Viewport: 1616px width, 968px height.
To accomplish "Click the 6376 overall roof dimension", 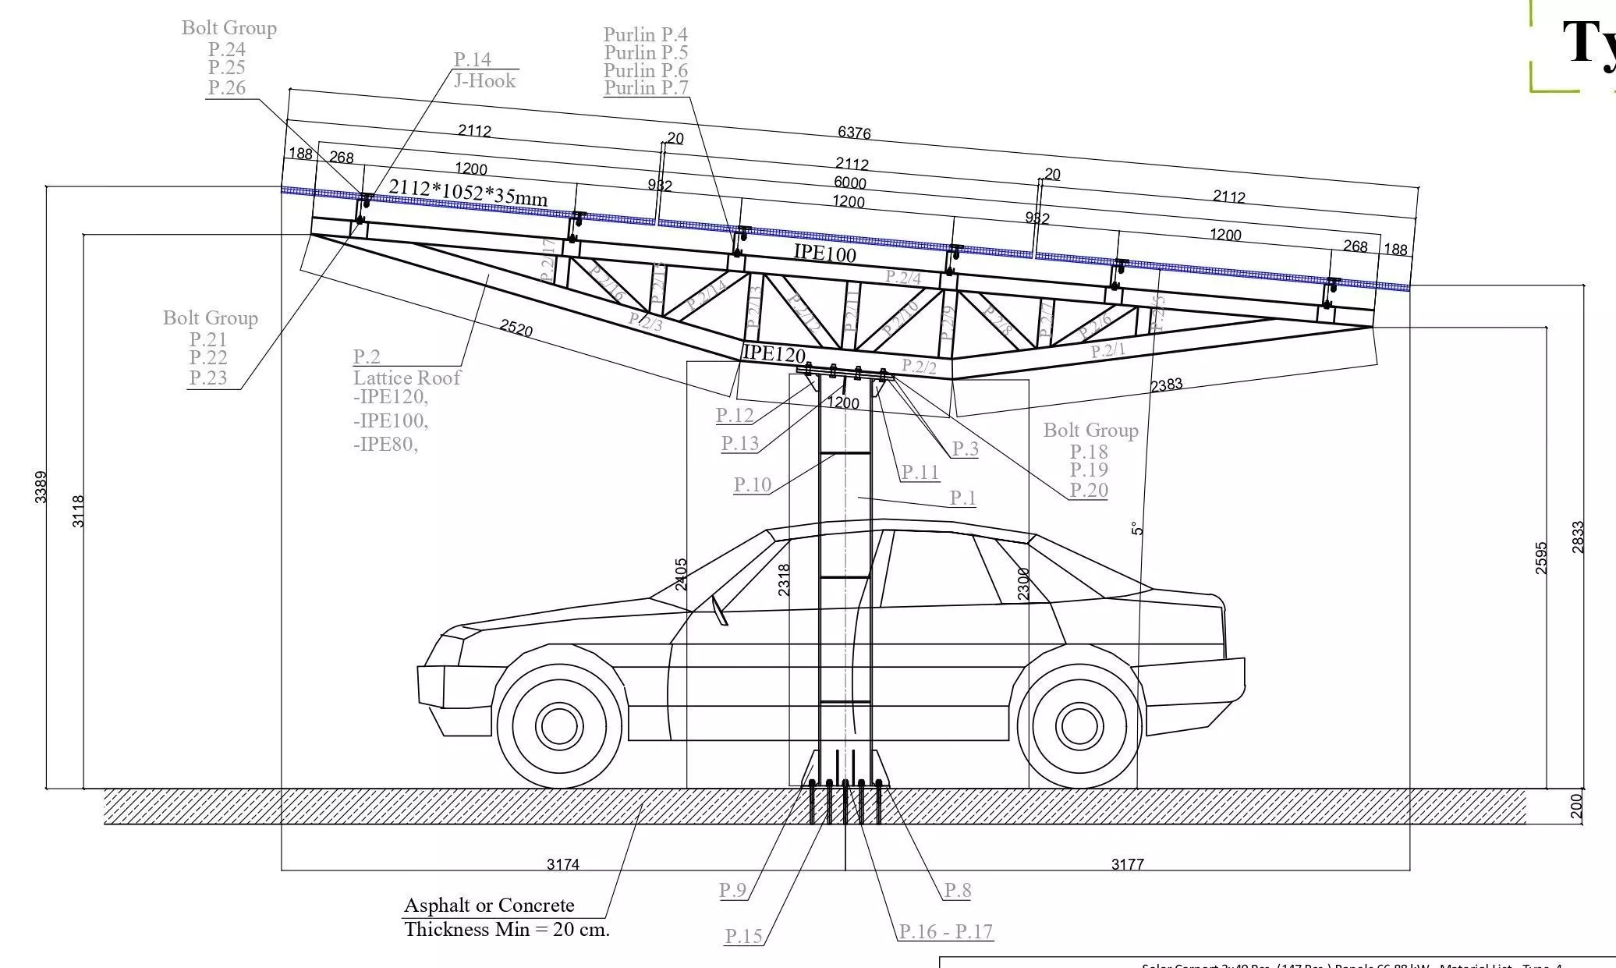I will (854, 133).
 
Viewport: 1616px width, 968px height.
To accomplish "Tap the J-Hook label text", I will (484, 80).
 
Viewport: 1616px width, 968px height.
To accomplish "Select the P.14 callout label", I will (473, 59).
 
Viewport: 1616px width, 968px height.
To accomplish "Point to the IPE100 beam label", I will (824, 252).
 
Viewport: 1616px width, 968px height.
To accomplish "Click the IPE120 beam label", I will (773, 353).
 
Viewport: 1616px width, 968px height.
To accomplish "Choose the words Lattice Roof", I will (406, 378).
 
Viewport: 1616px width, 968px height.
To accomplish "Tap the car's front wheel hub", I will (558, 725).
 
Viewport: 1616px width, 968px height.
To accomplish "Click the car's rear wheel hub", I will (1079, 725).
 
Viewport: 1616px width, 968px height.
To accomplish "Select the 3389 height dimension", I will (41, 487).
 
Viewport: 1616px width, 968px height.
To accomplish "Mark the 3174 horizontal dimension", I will (562, 863).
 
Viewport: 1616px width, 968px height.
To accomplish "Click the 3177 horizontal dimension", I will (1127, 863).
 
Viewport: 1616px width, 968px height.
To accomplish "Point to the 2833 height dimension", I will (1578, 537).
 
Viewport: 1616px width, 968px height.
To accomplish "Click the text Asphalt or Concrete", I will (489, 905).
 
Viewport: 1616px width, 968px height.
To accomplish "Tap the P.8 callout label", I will (957, 889).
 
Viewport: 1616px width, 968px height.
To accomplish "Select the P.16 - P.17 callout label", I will (945, 931).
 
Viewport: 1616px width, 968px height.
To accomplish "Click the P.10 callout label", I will (752, 484).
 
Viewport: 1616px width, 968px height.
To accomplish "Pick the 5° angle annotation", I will (1137, 529).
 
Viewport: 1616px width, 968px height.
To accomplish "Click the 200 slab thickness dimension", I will (1576, 806).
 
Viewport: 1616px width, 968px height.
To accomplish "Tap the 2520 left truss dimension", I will (516, 328).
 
